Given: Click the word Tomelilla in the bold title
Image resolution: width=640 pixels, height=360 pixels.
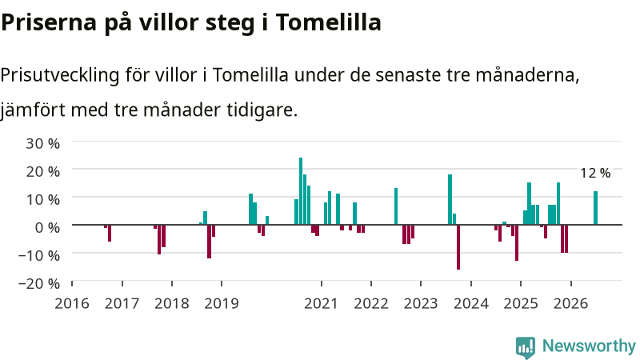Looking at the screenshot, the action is (329, 22).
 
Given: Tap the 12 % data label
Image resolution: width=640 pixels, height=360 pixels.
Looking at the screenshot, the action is (595, 173).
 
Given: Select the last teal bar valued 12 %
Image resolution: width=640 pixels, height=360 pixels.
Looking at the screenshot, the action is (595, 208).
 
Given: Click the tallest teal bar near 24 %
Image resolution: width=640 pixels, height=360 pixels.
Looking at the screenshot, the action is (301, 191).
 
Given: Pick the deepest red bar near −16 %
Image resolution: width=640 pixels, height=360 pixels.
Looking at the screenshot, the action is (458, 247).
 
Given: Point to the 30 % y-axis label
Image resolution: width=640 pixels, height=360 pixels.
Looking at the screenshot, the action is (43, 143).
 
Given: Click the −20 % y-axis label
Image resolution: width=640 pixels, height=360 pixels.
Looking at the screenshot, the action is (39, 283).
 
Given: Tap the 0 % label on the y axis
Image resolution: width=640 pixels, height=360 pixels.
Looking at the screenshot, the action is (47, 227).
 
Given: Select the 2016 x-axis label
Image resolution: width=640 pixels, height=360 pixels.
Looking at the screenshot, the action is (72, 303).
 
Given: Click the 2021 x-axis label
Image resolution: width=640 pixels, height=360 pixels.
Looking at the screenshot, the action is (322, 303).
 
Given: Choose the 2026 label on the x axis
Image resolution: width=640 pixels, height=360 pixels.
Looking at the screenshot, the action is (570, 303).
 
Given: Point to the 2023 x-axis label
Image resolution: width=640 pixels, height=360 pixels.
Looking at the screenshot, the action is (421, 303).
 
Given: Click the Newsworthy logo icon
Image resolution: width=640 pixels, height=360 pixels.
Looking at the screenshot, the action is (526, 347).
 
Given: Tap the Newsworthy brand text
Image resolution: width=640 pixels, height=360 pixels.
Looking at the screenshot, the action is (589, 346).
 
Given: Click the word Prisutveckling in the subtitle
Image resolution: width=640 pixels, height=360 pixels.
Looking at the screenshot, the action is (60, 75).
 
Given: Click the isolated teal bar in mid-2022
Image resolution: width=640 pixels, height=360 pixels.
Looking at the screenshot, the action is (396, 206).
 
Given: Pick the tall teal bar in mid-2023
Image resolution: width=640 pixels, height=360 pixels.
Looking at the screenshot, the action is (450, 199).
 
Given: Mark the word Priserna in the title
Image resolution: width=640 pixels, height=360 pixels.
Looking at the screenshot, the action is (49, 22).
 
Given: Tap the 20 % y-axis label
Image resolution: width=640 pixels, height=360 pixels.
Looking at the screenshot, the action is (43, 171).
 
